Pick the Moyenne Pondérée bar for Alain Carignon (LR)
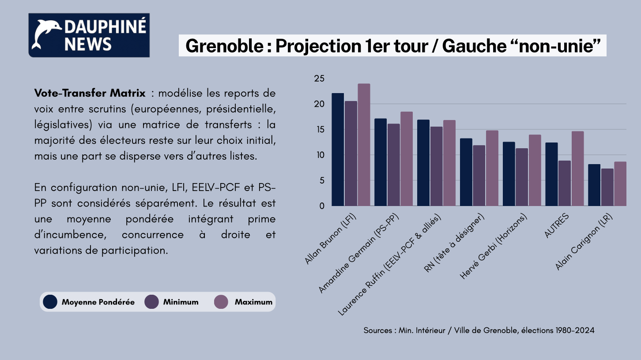coord(594,185)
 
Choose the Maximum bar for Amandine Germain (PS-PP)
coord(407,159)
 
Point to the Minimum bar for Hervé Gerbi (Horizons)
coord(521,177)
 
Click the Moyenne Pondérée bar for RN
coord(466,172)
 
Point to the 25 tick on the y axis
coord(319,79)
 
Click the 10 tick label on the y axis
coord(319,155)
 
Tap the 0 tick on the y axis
coord(321,206)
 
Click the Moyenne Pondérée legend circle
coord(50,302)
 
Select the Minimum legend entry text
coord(181,302)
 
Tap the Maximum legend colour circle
coord(221,302)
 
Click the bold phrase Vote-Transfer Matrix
coord(90,94)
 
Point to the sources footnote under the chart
coord(479,330)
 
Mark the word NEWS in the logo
coord(88,44)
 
